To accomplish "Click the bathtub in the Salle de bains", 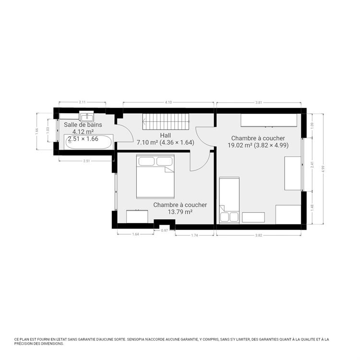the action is (x=89, y=142).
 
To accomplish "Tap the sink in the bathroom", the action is (x=87, y=116).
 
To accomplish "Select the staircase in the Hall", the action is (x=166, y=121).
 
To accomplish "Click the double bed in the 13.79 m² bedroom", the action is (x=156, y=176).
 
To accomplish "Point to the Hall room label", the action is (x=165, y=135).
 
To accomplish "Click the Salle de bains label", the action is (x=83, y=125).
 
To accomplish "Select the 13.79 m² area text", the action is (x=180, y=212).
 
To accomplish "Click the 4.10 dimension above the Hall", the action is (x=168, y=102).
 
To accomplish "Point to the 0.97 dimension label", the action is (x=164, y=230).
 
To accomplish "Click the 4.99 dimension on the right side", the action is (x=323, y=169).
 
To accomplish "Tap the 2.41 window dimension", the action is (x=312, y=164).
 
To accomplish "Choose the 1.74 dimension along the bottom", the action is (x=194, y=235).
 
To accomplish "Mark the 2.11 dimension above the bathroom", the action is (x=82, y=102).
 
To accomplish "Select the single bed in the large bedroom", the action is (x=229, y=200).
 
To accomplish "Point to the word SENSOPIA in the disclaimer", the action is (x=136, y=339).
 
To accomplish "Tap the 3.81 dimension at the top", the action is (x=259, y=102).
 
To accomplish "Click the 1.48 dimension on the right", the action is (x=312, y=207).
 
